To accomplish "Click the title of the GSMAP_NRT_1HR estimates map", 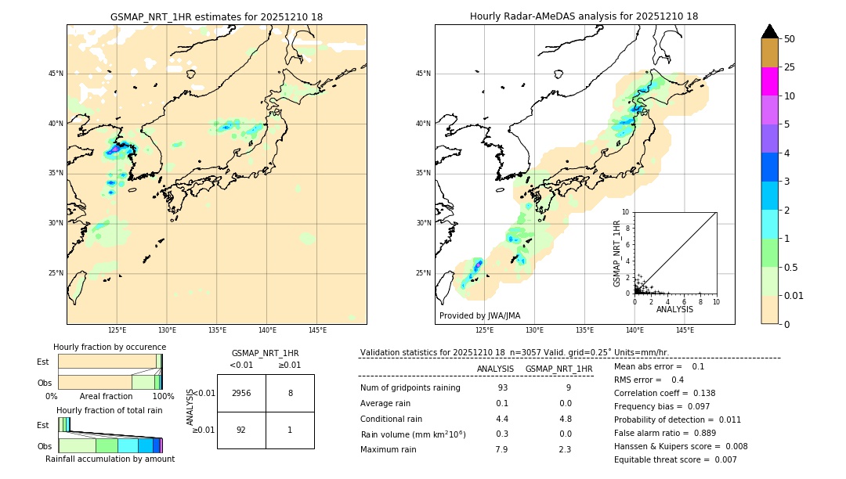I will point(216,16).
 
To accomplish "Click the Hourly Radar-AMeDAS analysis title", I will point(584,16).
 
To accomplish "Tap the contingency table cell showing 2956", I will point(241,393).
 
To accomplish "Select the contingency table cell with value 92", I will point(241,430).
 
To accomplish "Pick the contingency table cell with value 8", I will point(290,393).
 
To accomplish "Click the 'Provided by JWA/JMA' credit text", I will point(479,315).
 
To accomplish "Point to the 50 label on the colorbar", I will point(790,39).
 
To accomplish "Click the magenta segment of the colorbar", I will point(770,81).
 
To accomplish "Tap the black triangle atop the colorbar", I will point(770,31).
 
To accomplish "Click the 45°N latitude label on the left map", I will point(56,74).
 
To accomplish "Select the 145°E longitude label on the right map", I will point(685,330).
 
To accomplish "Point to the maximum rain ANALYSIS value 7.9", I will point(501,449).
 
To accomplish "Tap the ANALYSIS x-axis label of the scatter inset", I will point(674,309).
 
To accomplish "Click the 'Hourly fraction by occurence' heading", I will point(110,347).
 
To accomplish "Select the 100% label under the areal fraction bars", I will point(163,396).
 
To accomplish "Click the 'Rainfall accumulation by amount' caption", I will point(110,459).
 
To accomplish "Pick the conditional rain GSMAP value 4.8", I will point(565,419).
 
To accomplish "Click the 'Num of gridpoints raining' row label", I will point(410,388).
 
